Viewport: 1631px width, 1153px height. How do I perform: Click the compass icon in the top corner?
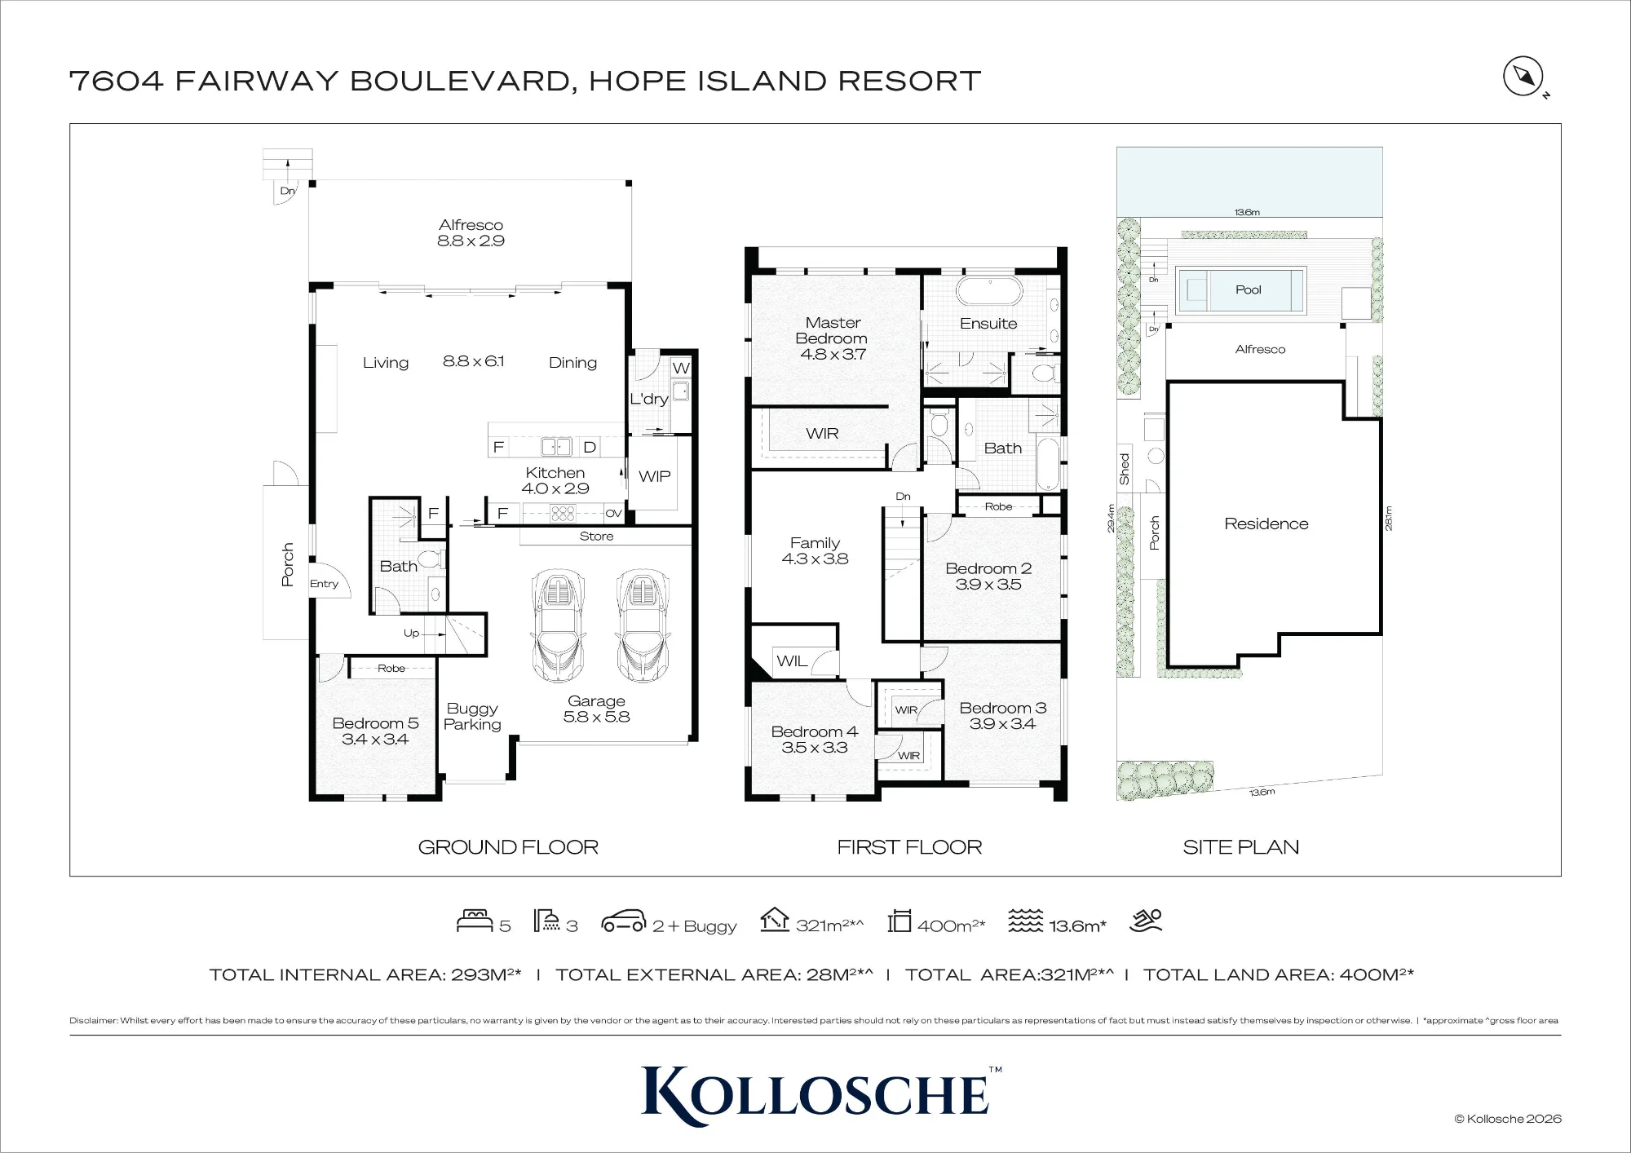[1523, 77]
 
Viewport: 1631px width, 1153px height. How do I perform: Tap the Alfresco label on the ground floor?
[471, 225]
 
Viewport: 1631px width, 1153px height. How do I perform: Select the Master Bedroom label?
[832, 330]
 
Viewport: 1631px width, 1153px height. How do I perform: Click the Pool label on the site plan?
[1248, 289]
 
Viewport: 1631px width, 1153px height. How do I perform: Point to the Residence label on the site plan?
[1266, 523]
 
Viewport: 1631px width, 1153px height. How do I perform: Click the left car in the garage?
[558, 625]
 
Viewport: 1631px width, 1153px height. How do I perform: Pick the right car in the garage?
[643, 625]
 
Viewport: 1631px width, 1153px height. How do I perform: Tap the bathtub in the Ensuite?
[988, 291]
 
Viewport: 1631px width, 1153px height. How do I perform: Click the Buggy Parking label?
[472, 717]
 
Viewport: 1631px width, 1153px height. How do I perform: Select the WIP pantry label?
[654, 476]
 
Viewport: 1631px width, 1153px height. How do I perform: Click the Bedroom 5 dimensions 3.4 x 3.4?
[375, 740]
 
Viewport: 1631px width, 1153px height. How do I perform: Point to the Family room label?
[815, 543]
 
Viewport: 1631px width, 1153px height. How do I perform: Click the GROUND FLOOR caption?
[508, 847]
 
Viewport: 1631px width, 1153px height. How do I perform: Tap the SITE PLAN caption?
[1240, 847]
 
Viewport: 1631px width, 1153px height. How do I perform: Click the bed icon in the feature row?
[475, 921]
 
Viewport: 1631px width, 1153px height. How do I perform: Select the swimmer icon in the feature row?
[1146, 921]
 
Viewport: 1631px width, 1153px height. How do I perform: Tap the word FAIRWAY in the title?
[257, 81]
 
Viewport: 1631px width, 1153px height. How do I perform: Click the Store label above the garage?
[596, 537]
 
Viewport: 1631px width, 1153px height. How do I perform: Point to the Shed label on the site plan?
[1125, 469]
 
